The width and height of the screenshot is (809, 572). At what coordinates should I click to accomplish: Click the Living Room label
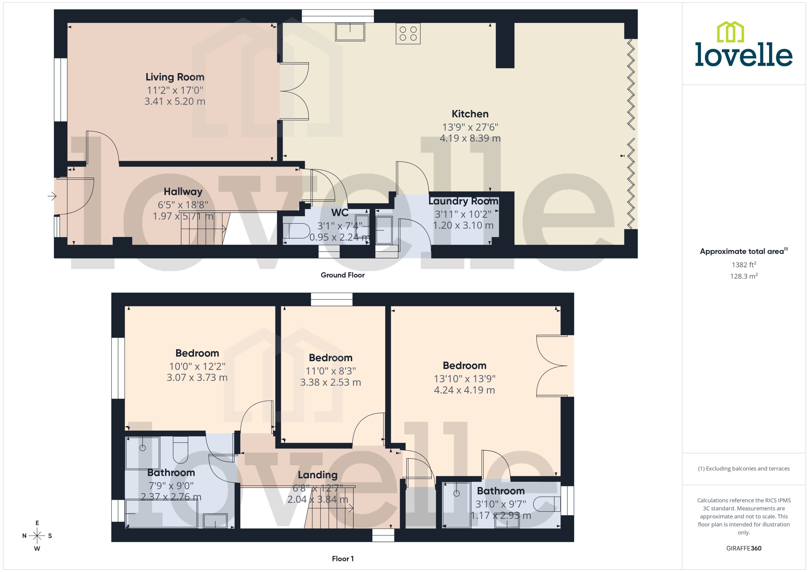[175, 77]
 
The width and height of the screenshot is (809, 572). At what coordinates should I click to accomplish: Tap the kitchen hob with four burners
[408, 34]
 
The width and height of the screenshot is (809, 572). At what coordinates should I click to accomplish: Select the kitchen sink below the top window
[350, 32]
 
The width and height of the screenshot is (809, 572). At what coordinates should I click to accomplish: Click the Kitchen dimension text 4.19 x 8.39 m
[470, 138]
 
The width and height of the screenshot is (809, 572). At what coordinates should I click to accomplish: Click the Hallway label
[183, 192]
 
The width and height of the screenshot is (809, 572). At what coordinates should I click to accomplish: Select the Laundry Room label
[463, 201]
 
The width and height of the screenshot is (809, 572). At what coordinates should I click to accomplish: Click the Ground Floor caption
[342, 275]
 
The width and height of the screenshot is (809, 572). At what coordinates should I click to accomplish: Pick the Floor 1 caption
[342, 559]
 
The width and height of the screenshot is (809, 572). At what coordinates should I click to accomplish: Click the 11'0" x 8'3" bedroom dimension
[330, 371]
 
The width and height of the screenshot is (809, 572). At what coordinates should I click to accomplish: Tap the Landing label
[317, 475]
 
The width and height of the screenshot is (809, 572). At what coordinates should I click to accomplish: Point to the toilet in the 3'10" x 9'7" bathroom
[547, 504]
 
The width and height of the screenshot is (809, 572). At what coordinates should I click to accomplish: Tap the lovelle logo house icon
[730, 32]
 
